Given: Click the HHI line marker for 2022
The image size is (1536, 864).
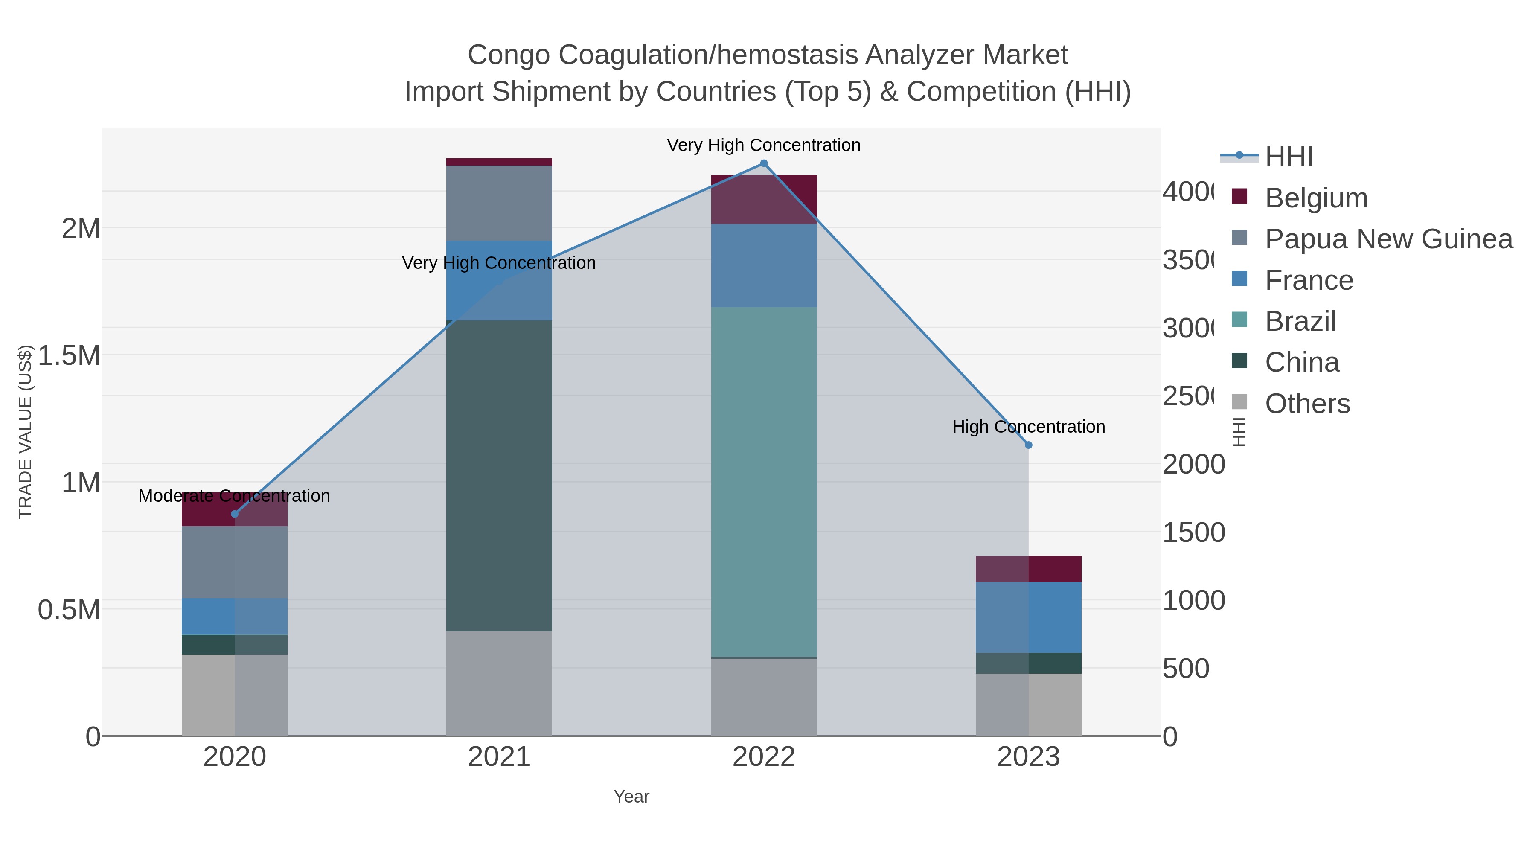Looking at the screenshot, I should click(764, 163).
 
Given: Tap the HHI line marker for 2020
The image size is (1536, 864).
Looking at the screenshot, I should click(234, 514).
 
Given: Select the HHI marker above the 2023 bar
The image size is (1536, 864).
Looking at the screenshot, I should click(1028, 445).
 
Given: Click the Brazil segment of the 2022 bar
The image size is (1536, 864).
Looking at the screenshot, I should click(764, 482).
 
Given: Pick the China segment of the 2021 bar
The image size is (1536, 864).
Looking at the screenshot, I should click(499, 475).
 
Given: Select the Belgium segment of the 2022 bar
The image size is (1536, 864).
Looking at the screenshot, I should click(764, 199).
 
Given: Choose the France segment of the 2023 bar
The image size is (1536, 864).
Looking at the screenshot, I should click(1028, 617).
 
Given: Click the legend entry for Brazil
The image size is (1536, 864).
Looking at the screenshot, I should click(1300, 321).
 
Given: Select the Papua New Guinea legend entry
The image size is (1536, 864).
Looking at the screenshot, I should click(1388, 239).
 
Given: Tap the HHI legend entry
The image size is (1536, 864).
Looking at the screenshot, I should click(1288, 157).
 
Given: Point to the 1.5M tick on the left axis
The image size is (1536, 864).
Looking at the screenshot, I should click(69, 355).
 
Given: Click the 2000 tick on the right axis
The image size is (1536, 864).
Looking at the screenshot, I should click(1193, 465).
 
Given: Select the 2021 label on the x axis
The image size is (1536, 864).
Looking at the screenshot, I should click(499, 757).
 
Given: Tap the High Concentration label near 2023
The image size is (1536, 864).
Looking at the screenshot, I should click(1028, 427).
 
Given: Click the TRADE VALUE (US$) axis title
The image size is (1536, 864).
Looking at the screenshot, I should click(25, 432).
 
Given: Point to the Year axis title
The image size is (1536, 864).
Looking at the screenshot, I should click(631, 797).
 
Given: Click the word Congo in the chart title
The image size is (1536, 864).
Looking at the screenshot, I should click(508, 55).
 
